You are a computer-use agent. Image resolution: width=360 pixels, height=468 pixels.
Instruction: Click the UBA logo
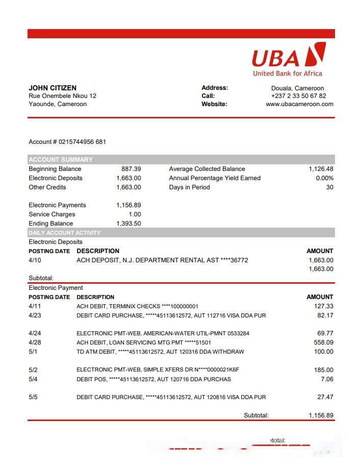coord(288,59)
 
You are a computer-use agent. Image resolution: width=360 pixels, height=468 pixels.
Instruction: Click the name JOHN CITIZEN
coord(53,88)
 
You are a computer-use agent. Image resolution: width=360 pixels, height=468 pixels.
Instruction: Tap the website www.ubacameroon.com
coord(299,104)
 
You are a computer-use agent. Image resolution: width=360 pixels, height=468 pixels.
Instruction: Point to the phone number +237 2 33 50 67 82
coord(298,96)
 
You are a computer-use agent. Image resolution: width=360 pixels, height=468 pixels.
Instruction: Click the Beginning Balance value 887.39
coord(131,169)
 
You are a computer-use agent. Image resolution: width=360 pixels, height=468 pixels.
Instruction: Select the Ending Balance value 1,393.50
coord(128,224)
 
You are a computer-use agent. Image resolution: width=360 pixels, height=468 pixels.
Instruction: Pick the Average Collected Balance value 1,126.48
coord(321,169)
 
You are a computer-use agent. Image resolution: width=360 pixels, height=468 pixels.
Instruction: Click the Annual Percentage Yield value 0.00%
coord(324,178)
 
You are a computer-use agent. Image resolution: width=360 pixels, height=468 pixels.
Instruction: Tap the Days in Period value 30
coord(329,187)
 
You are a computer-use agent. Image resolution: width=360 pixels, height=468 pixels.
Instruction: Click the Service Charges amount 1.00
coord(135,214)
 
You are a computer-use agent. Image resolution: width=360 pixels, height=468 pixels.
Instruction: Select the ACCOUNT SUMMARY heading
coord(61,159)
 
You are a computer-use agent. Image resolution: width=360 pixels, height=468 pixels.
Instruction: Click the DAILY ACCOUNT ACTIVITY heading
coord(65,233)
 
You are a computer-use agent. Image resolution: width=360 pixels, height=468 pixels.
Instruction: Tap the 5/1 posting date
coord(33,352)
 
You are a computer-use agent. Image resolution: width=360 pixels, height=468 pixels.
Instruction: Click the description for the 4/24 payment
coord(163,333)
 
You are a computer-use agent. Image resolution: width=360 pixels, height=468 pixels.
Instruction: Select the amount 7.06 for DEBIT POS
coord(326,379)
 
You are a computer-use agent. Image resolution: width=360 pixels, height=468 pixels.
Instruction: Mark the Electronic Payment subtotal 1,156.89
coord(321,415)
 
